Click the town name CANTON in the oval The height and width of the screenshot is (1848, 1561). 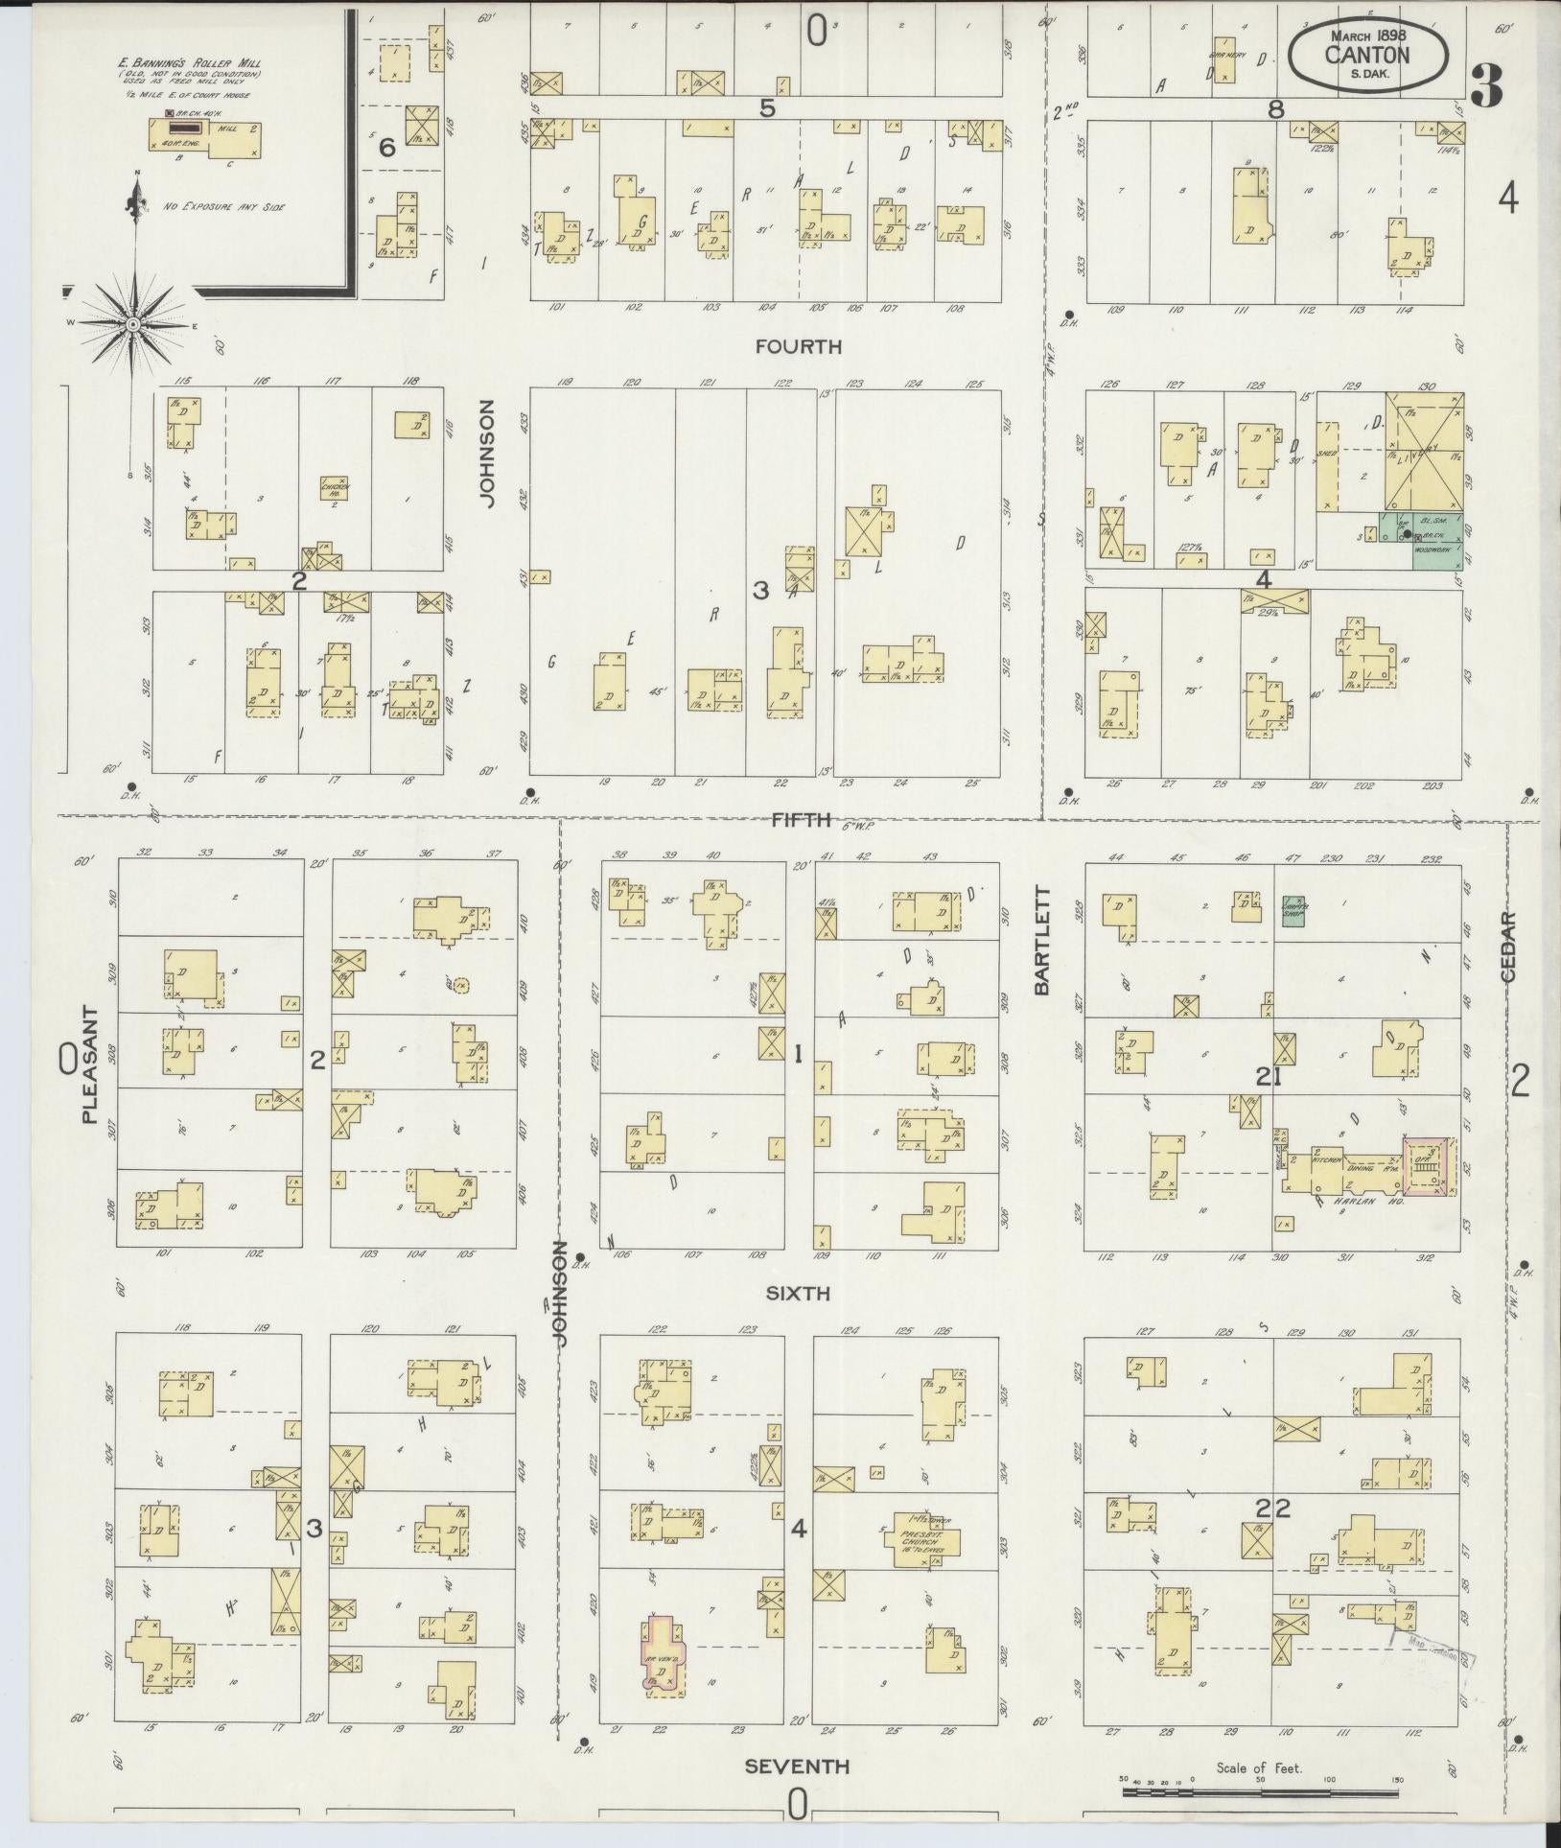tap(1367, 55)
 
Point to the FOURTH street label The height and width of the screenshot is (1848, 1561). tap(798, 346)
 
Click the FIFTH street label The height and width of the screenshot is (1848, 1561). tap(798, 819)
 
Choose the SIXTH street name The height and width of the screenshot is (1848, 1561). tap(798, 1294)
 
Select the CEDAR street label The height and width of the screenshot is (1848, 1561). tap(1508, 946)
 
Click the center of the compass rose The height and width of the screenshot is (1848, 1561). tap(132, 325)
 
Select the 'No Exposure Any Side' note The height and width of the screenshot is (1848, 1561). tap(210, 206)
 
